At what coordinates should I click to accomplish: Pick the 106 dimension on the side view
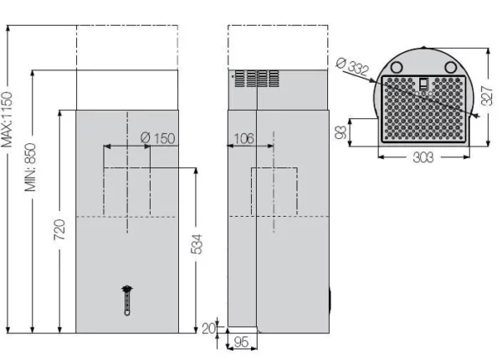point(243,138)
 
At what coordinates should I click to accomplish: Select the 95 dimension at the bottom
point(241,342)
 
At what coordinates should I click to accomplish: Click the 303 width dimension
point(424,157)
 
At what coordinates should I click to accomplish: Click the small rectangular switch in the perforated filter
point(423,83)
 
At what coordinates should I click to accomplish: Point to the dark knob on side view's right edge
point(331,299)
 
